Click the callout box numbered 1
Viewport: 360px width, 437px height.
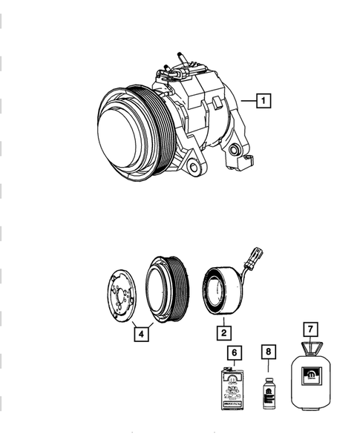tap(264, 98)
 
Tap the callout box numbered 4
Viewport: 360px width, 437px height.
tap(140, 333)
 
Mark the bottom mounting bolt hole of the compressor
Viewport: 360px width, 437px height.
tap(194, 168)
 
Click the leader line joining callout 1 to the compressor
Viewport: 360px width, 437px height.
tap(249, 98)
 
